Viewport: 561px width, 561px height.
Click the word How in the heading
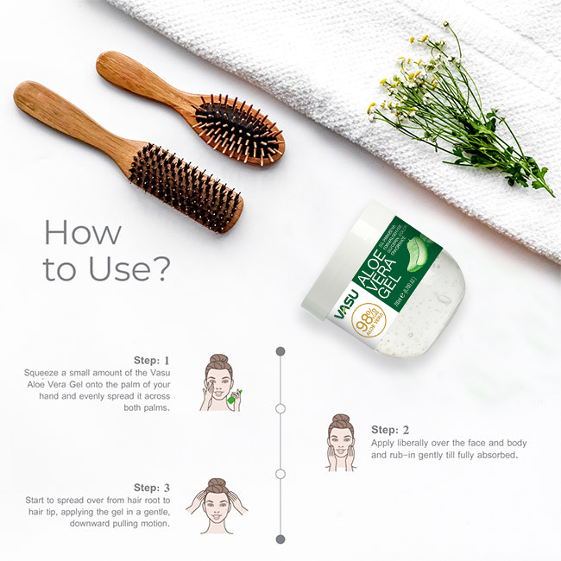point(83,232)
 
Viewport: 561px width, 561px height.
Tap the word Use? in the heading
point(121,268)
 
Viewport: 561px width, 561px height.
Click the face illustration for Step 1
point(219,382)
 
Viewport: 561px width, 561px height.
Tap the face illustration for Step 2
point(341,442)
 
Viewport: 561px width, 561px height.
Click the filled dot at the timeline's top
point(280,351)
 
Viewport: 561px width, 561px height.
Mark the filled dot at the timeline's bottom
point(280,539)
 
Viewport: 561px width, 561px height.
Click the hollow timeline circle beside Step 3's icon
point(280,474)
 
